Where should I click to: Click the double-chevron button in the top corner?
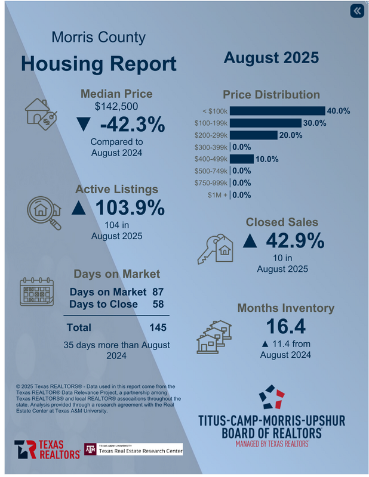click(356, 11)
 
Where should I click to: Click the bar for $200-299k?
click(253, 135)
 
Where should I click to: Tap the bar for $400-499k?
click(241, 159)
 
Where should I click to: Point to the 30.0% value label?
click(315, 123)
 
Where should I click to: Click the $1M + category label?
click(217, 195)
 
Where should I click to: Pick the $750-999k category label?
click(211, 183)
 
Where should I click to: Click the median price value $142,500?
click(116, 107)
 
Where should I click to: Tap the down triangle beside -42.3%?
click(84, 125)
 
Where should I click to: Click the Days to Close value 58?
click(158, 304)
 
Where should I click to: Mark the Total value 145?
click(158, 327)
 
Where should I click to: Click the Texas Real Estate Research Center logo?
click(133, 449)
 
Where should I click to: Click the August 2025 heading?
click(271, 58)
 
